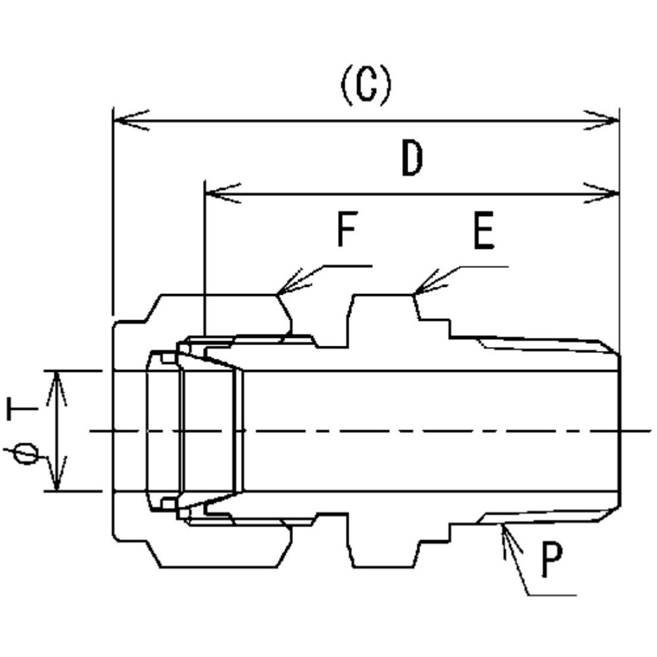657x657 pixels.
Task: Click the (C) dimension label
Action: (x=366, y=86)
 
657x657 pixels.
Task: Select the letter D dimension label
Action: (x=412, y=159)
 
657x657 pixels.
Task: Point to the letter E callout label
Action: (x=484, y=231)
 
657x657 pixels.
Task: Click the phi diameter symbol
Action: (x=26, y=454)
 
